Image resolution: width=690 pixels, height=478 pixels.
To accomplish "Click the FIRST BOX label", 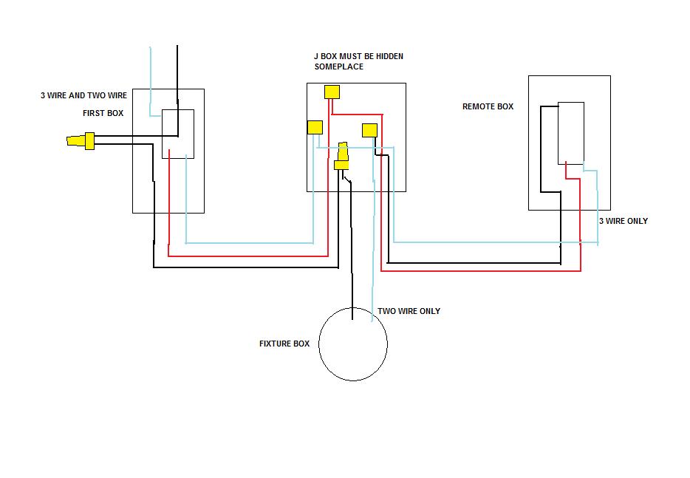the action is (x=103, y=113).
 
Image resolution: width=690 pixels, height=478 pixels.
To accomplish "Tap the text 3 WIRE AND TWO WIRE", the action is (x=83, y=95).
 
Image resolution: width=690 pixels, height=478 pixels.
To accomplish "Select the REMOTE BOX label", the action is (x=488, y=106).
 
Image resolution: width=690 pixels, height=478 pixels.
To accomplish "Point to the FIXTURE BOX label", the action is (x=284, y=344).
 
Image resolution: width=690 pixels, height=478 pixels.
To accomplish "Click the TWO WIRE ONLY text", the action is (x=409, y=311).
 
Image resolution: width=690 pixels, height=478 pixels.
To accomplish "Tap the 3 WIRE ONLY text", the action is (x=623, y=221).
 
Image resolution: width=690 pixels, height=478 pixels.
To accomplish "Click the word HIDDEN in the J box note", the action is (x=389, y=56).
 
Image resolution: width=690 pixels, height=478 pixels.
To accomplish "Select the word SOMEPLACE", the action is (x=339, y=67).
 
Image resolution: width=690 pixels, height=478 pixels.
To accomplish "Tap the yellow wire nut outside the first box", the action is (x=81, y=141).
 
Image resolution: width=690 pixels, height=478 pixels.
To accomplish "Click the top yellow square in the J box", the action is (x=332, y=92).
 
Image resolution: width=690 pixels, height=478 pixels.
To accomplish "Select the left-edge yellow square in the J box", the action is (x=315, y=128).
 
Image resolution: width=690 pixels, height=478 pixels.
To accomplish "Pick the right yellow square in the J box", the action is (x=369, y=131).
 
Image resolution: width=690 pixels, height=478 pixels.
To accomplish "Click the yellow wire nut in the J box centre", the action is (x=342, y=156).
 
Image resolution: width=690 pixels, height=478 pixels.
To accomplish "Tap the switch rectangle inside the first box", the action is (x=178, y=109).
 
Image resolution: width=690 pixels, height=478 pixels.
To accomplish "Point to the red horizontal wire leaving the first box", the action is (x=248, y=256).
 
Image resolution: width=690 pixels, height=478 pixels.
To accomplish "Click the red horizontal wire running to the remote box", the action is (x=481, y=270).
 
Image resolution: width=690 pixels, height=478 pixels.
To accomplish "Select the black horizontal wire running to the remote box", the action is (x=474, y=263).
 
